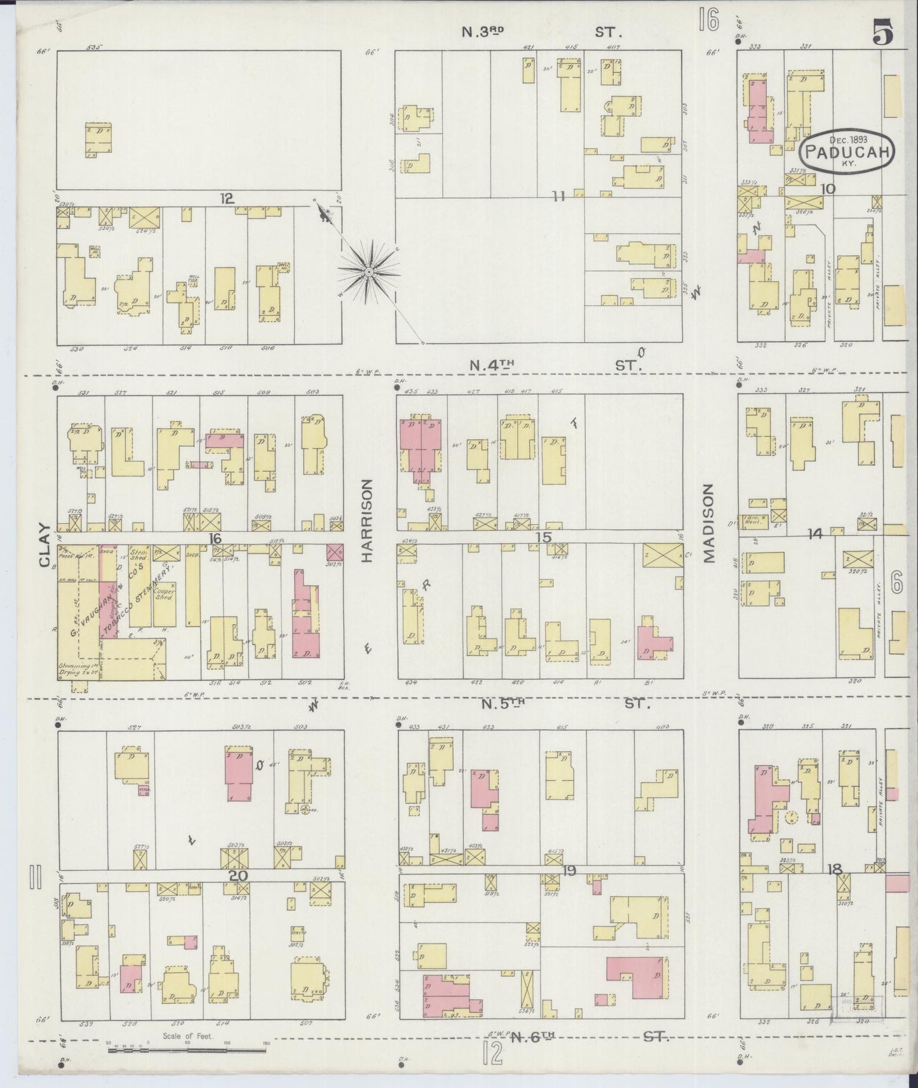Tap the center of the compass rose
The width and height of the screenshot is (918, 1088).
coord(368,272)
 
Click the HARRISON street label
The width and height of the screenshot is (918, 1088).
coord(367,521)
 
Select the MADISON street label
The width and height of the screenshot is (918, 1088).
coord(708,523)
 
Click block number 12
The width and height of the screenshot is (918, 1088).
coord(226,199)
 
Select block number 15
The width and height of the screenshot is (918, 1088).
coord(543,538)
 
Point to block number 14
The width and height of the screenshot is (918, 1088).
coord(814,534)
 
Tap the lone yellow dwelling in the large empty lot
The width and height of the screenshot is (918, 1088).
coord(98,140)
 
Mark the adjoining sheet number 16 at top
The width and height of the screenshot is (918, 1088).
coord(707,20)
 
